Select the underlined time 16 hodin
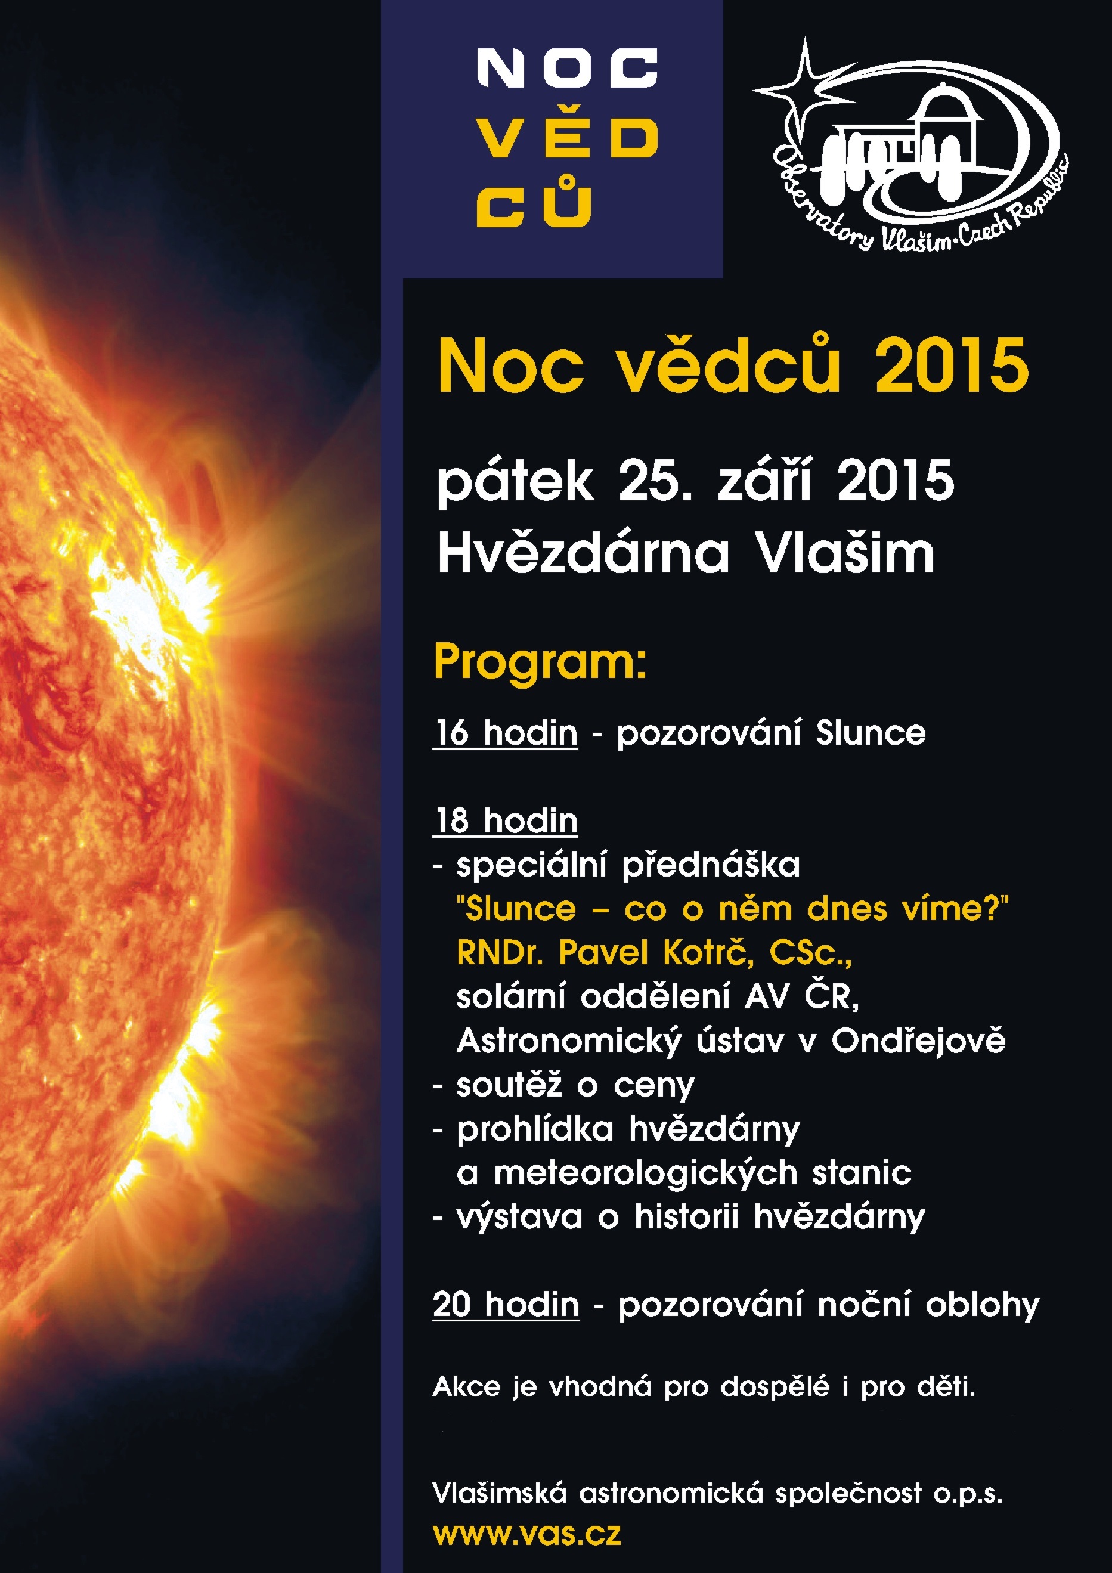coord(506,732)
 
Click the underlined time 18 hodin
coord(506,820)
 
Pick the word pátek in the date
coord(515,483)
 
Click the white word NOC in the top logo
coord(566,68)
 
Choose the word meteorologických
coord(645,1173)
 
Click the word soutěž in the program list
coord(509,1085)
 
